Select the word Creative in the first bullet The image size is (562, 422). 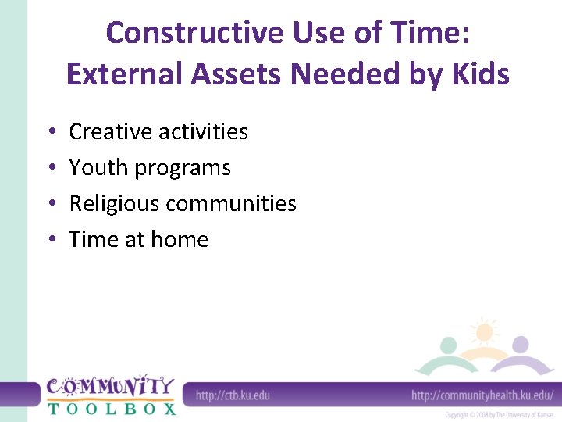[x=111, y=131]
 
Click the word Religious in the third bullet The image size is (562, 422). [x=115, y=204]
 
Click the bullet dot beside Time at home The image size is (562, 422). [x=51, y=240]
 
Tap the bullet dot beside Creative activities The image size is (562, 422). [x=51, y=132]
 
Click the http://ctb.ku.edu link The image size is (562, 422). [x=233, y=395]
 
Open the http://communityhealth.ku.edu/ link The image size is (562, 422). [x=482, y=395]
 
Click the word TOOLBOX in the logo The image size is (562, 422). [x=111, y=407]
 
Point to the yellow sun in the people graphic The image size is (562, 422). [x=484, y=332]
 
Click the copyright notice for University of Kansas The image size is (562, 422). [x=500, y=414]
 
